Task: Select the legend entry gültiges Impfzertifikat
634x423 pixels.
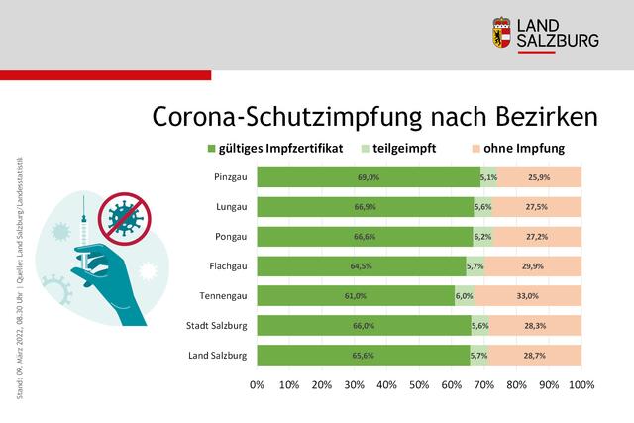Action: [x=280, y=150]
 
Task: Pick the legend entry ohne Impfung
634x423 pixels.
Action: [x=525, y=150]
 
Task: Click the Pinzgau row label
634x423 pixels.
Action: [x=231, y=177]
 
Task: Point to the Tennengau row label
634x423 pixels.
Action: [x=224, y=295]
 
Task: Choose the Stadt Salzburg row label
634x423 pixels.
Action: [x=218, y=325]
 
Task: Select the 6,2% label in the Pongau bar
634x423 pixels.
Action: [x=482, y=237]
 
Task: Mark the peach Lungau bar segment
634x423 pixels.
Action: [x=537, y=207]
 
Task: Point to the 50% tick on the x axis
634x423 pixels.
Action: [x=419, y=384]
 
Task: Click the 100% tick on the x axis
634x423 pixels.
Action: [x=581, y=384]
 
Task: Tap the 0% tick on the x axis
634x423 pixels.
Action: [x=258, y=384]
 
